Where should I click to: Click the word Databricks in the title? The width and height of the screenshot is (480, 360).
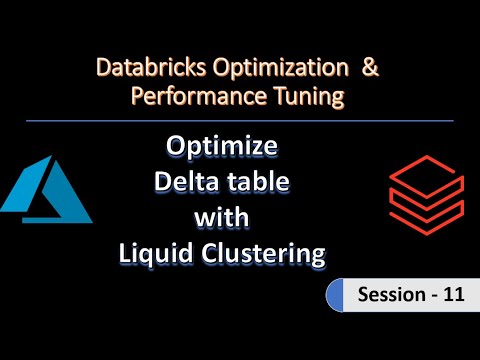click(x=143, y=69)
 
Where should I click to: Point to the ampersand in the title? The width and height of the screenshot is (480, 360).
click(x=369, y=69)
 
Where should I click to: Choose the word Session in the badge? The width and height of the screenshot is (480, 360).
click(x=381, y=296)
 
